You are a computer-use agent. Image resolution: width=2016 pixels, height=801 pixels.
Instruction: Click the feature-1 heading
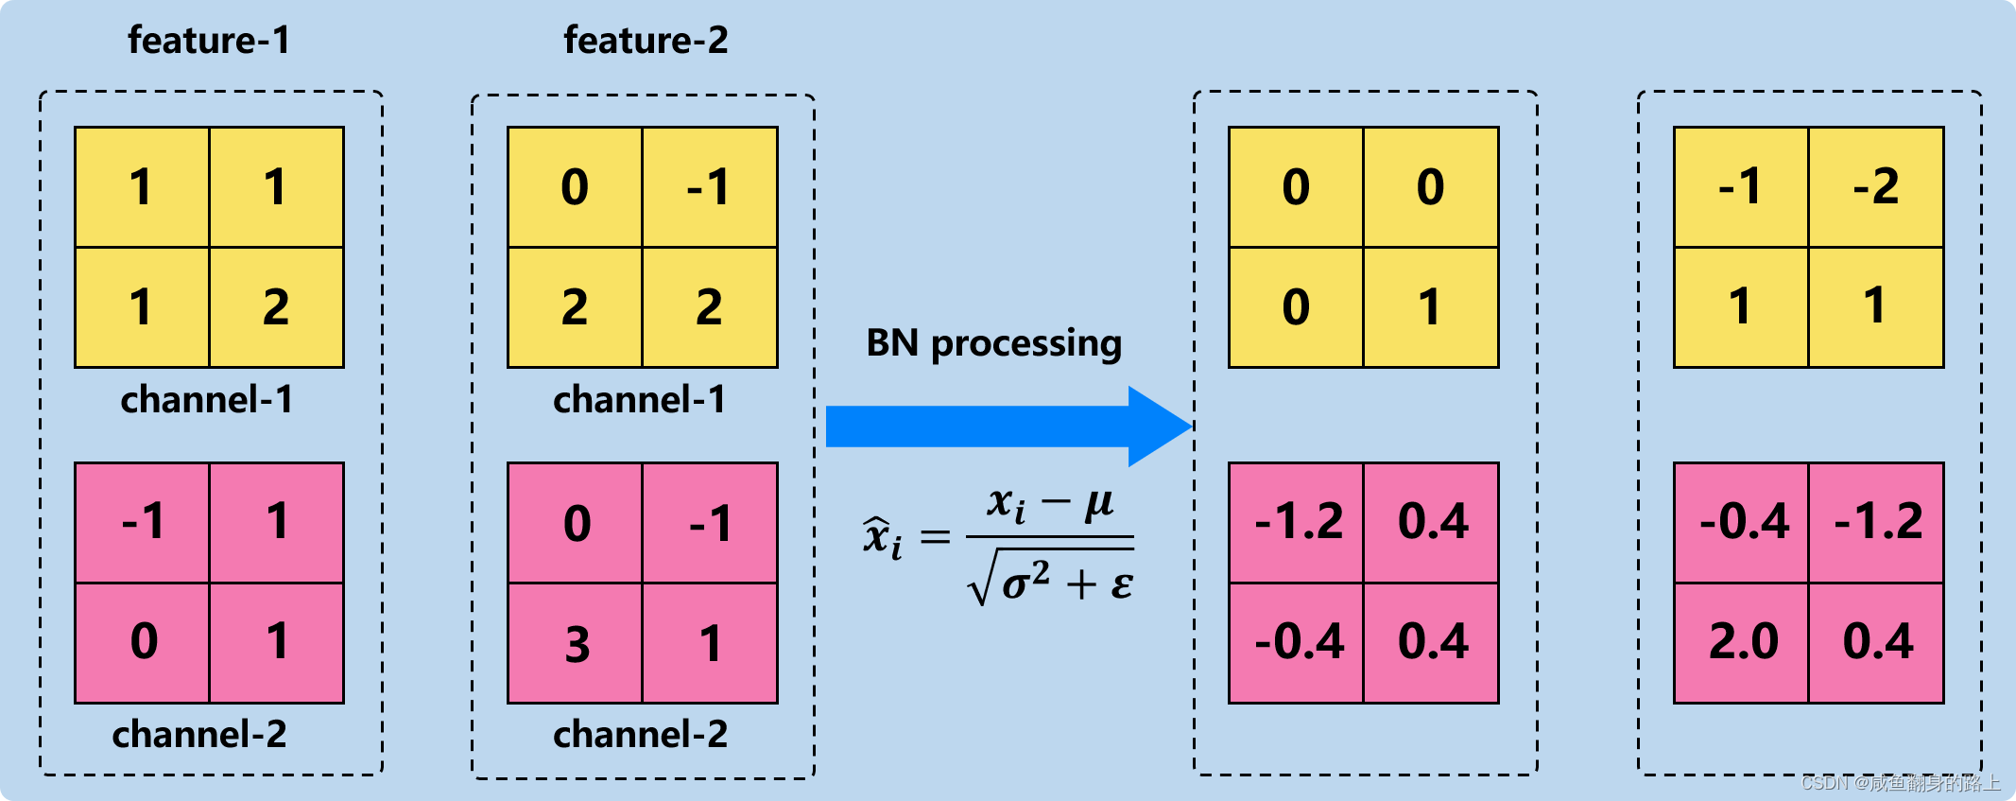point(209,41)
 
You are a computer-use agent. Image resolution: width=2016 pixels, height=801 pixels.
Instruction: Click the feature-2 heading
point(646,41)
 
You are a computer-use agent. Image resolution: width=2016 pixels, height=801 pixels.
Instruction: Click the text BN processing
point(993,343)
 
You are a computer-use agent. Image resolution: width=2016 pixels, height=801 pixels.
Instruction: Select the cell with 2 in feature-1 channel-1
point(276,307)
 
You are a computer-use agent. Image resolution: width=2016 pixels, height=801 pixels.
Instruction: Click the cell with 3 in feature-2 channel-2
point(576,644)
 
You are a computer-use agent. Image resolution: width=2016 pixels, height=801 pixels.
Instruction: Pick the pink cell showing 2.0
point(1742,643)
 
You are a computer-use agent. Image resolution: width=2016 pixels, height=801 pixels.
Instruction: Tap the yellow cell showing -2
point(1876,186)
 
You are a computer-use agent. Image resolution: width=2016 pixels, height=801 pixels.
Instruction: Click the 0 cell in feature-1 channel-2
point(143,643)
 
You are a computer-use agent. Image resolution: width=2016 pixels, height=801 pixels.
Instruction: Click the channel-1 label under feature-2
point(640,400)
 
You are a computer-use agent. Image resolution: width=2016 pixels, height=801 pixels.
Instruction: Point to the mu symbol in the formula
point(1098,503)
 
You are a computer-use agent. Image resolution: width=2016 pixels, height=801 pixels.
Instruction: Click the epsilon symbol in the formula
point(1121,584)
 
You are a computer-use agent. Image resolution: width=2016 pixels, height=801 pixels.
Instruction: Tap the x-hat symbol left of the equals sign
point(881,536)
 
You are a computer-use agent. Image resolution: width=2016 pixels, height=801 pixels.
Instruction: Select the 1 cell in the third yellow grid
point(1430,307)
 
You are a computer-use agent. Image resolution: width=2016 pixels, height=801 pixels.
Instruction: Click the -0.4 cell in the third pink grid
point(1298,643)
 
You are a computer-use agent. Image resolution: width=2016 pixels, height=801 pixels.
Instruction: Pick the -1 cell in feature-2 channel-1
point(709,186)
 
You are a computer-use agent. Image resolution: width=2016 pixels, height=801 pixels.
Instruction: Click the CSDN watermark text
point(1900,783)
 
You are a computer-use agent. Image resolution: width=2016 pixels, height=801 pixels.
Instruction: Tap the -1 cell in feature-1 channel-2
point(143,522)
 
